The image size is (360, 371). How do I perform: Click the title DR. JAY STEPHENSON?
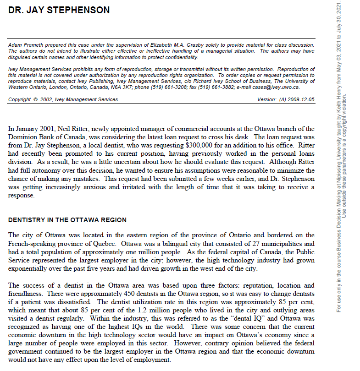[x=59, y=10]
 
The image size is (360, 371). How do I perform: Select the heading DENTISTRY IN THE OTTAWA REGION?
[x=67, y=220]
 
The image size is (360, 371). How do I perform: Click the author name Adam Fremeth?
[x=24, y=45]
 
